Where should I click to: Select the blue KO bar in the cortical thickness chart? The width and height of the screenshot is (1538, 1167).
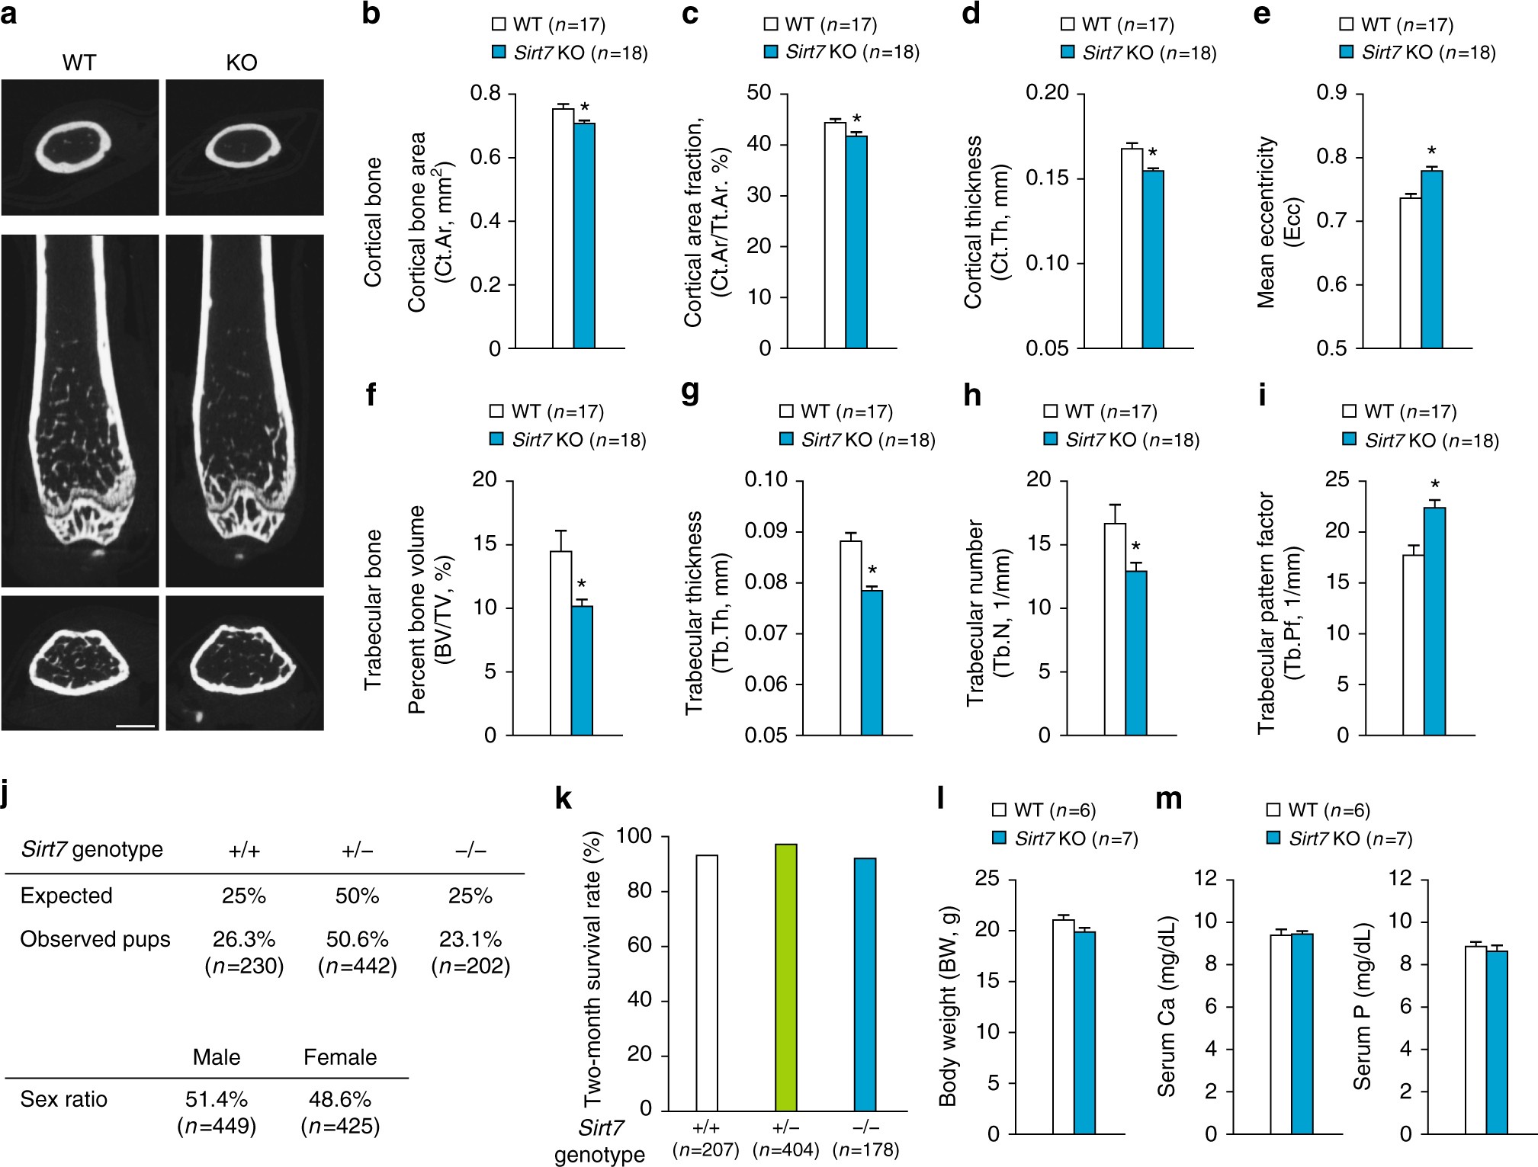pyautogui.click(x=1153, y=259)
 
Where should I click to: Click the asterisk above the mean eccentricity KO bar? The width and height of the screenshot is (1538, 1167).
pyautogui.click(x=1432, y=152)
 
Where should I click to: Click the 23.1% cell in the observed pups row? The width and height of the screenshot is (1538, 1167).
pyautogui.click(x=470, y=939)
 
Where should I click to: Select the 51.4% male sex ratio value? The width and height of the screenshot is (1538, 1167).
pyautogui.click(x=217, y=1099)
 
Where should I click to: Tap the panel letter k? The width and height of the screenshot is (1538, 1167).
pyautogui.click(x=564, y=798)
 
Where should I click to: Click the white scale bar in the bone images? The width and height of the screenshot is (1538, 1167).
pyautogui.click(x=136, y=726)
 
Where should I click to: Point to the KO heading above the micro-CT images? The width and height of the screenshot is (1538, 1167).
pyautogui.click(x=242, y=63)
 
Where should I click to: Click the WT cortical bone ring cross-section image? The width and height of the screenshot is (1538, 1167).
pyautogui.click(x=79, y=147)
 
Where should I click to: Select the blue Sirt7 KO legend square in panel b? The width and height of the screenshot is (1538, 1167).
pyautogui.click(x=499, y=53)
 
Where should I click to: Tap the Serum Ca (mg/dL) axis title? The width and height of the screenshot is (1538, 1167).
pyautogui.click(x=1166, y=1006)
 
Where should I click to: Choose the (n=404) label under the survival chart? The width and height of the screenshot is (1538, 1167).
pyautogui.click(x=785, y=1149)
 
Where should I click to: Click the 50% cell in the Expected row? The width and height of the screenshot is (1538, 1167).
pyautogui.click(x=357, y=896)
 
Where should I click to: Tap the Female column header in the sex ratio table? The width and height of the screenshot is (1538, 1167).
pyautogui.click(x=340, y=1057)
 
